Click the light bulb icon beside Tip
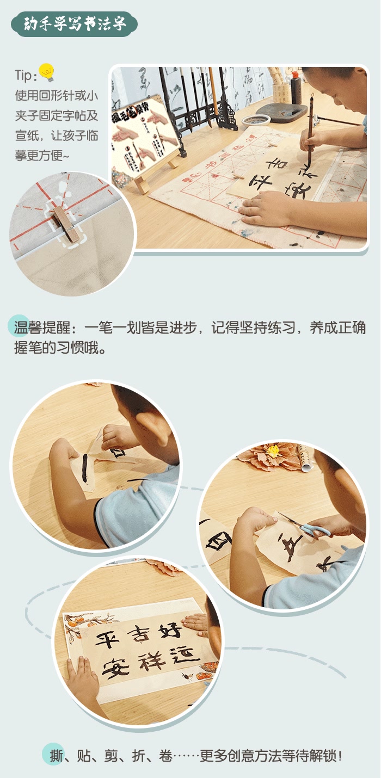(x=47, y=72)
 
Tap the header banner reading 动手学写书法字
(x=75, y=24)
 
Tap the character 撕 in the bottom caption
(x=57, y=756)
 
